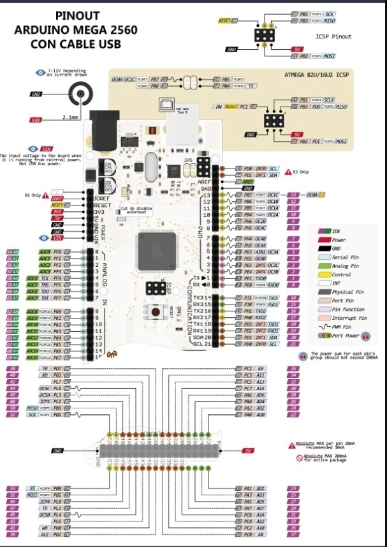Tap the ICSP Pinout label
pyautogui.click(x=333, y=36)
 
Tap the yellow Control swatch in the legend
pyautogui.click(x=319, y=274)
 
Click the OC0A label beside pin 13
pyautogui.click(x=312, y=194)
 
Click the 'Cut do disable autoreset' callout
pyautogui.click(x=136, y=211)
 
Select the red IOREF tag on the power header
pyautogui.click(x=59, y=199)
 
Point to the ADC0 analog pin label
pyautogui.click(x=45, y=251)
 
